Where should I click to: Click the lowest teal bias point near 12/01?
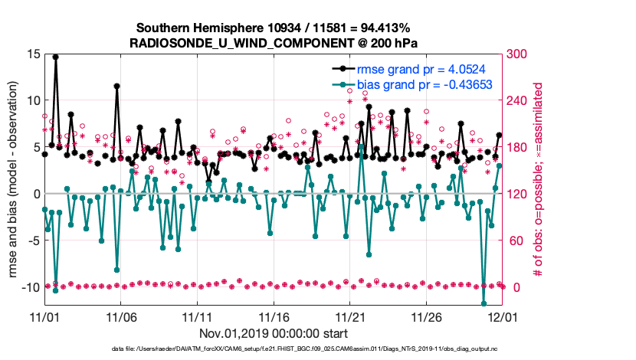(484, 303)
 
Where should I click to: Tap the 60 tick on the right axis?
(514, 241)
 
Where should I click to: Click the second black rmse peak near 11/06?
(116, 87)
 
